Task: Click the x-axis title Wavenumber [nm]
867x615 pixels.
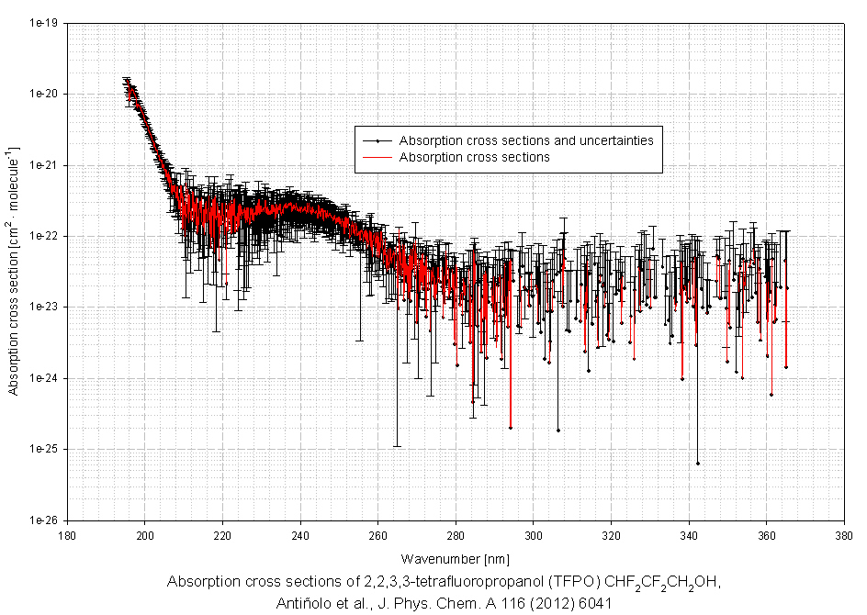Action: pos(455,558)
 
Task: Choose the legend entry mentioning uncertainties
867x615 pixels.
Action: pos(525,141)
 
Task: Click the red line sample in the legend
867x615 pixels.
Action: pos(377,158)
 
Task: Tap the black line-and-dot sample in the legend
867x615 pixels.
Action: pos(377,141)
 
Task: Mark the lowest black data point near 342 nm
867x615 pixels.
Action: pos(698,463)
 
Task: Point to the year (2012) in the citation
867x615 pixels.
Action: pos(547,603)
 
